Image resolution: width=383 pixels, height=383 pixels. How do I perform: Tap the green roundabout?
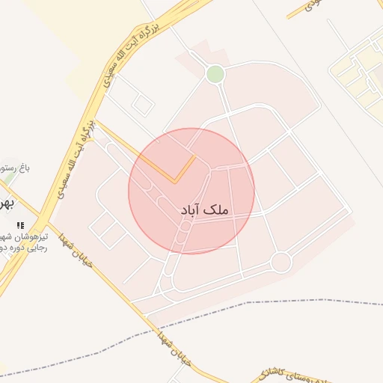(215, 74)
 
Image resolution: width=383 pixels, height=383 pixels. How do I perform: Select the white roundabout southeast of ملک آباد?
(281, 262)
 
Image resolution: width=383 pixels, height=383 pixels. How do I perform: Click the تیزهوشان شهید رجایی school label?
(22, 240)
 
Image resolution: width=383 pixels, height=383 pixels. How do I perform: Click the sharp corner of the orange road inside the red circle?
(175, 182)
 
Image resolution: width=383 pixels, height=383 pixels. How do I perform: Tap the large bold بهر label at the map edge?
(6, 204)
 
